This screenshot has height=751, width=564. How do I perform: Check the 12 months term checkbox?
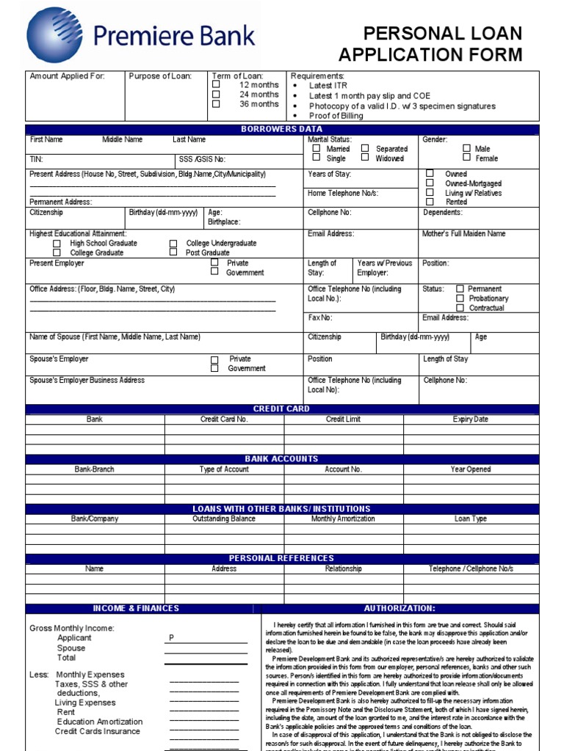pyautogui.click(x=216, y=84)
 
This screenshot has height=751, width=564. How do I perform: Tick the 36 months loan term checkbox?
pyautogui.click(x=216, y=103)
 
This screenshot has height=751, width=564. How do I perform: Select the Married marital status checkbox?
pyautogui.click(x=317, y=148)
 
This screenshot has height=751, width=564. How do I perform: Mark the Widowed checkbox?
pyautogui.click(x=365, y=157)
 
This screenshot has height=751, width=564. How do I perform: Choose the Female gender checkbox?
pyautogui.click(x=466, y=158)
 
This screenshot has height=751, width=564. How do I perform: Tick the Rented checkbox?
pyautogui.click(x=430, y=202)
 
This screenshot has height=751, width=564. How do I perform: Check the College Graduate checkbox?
pyautogui.click(x=57, y=252)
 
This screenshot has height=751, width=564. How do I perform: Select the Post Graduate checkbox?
pyautogui.click(x=173, y=252)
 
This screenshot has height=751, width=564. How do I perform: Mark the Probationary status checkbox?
pyautogui.click(x=460, y=298)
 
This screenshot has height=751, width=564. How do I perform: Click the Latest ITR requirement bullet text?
pyautogui.click(x=328, y=86)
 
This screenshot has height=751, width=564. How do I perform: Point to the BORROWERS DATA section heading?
pyautogui.click(x=282, y=129)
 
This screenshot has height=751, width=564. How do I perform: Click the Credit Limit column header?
pyautogui.click(x=343, y=420)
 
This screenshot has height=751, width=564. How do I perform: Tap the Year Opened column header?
pyautogui.click(x=471, y=469)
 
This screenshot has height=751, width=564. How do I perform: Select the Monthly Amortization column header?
pyautogui.click(x=343, y=519)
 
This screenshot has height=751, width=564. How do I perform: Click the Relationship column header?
pyautogui.click(x=343, y=568)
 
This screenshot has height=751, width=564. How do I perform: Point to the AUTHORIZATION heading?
pyautogui.click(x=399, y=609)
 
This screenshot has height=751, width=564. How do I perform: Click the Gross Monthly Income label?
pyautogui.click(x=72, y=629)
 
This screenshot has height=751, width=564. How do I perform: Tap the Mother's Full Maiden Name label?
pyautogui.click(x=464, y=234)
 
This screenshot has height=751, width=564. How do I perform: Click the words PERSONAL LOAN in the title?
pyautogui.click(x=443, y=34)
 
